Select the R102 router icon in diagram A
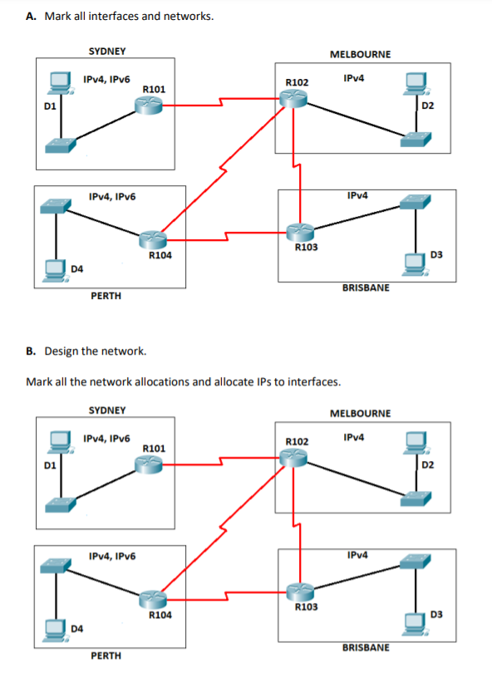(293, 98)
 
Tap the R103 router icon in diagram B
(302, 591)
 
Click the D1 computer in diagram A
(58, 81)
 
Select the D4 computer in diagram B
(57, 628)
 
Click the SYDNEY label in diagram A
(107, 51)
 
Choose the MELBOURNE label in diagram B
(360, 413)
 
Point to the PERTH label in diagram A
(106, 296)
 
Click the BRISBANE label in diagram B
(365, 647)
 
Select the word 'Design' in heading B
(63, 351)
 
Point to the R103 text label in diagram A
(306, 247)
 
